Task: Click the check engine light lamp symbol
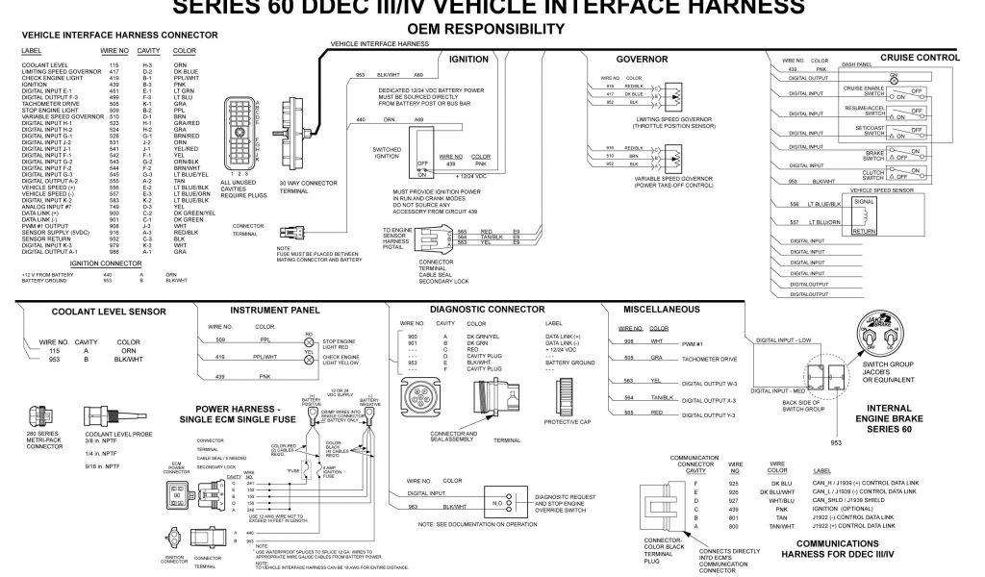pos(308,359)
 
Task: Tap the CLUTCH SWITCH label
pos(872,174)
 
